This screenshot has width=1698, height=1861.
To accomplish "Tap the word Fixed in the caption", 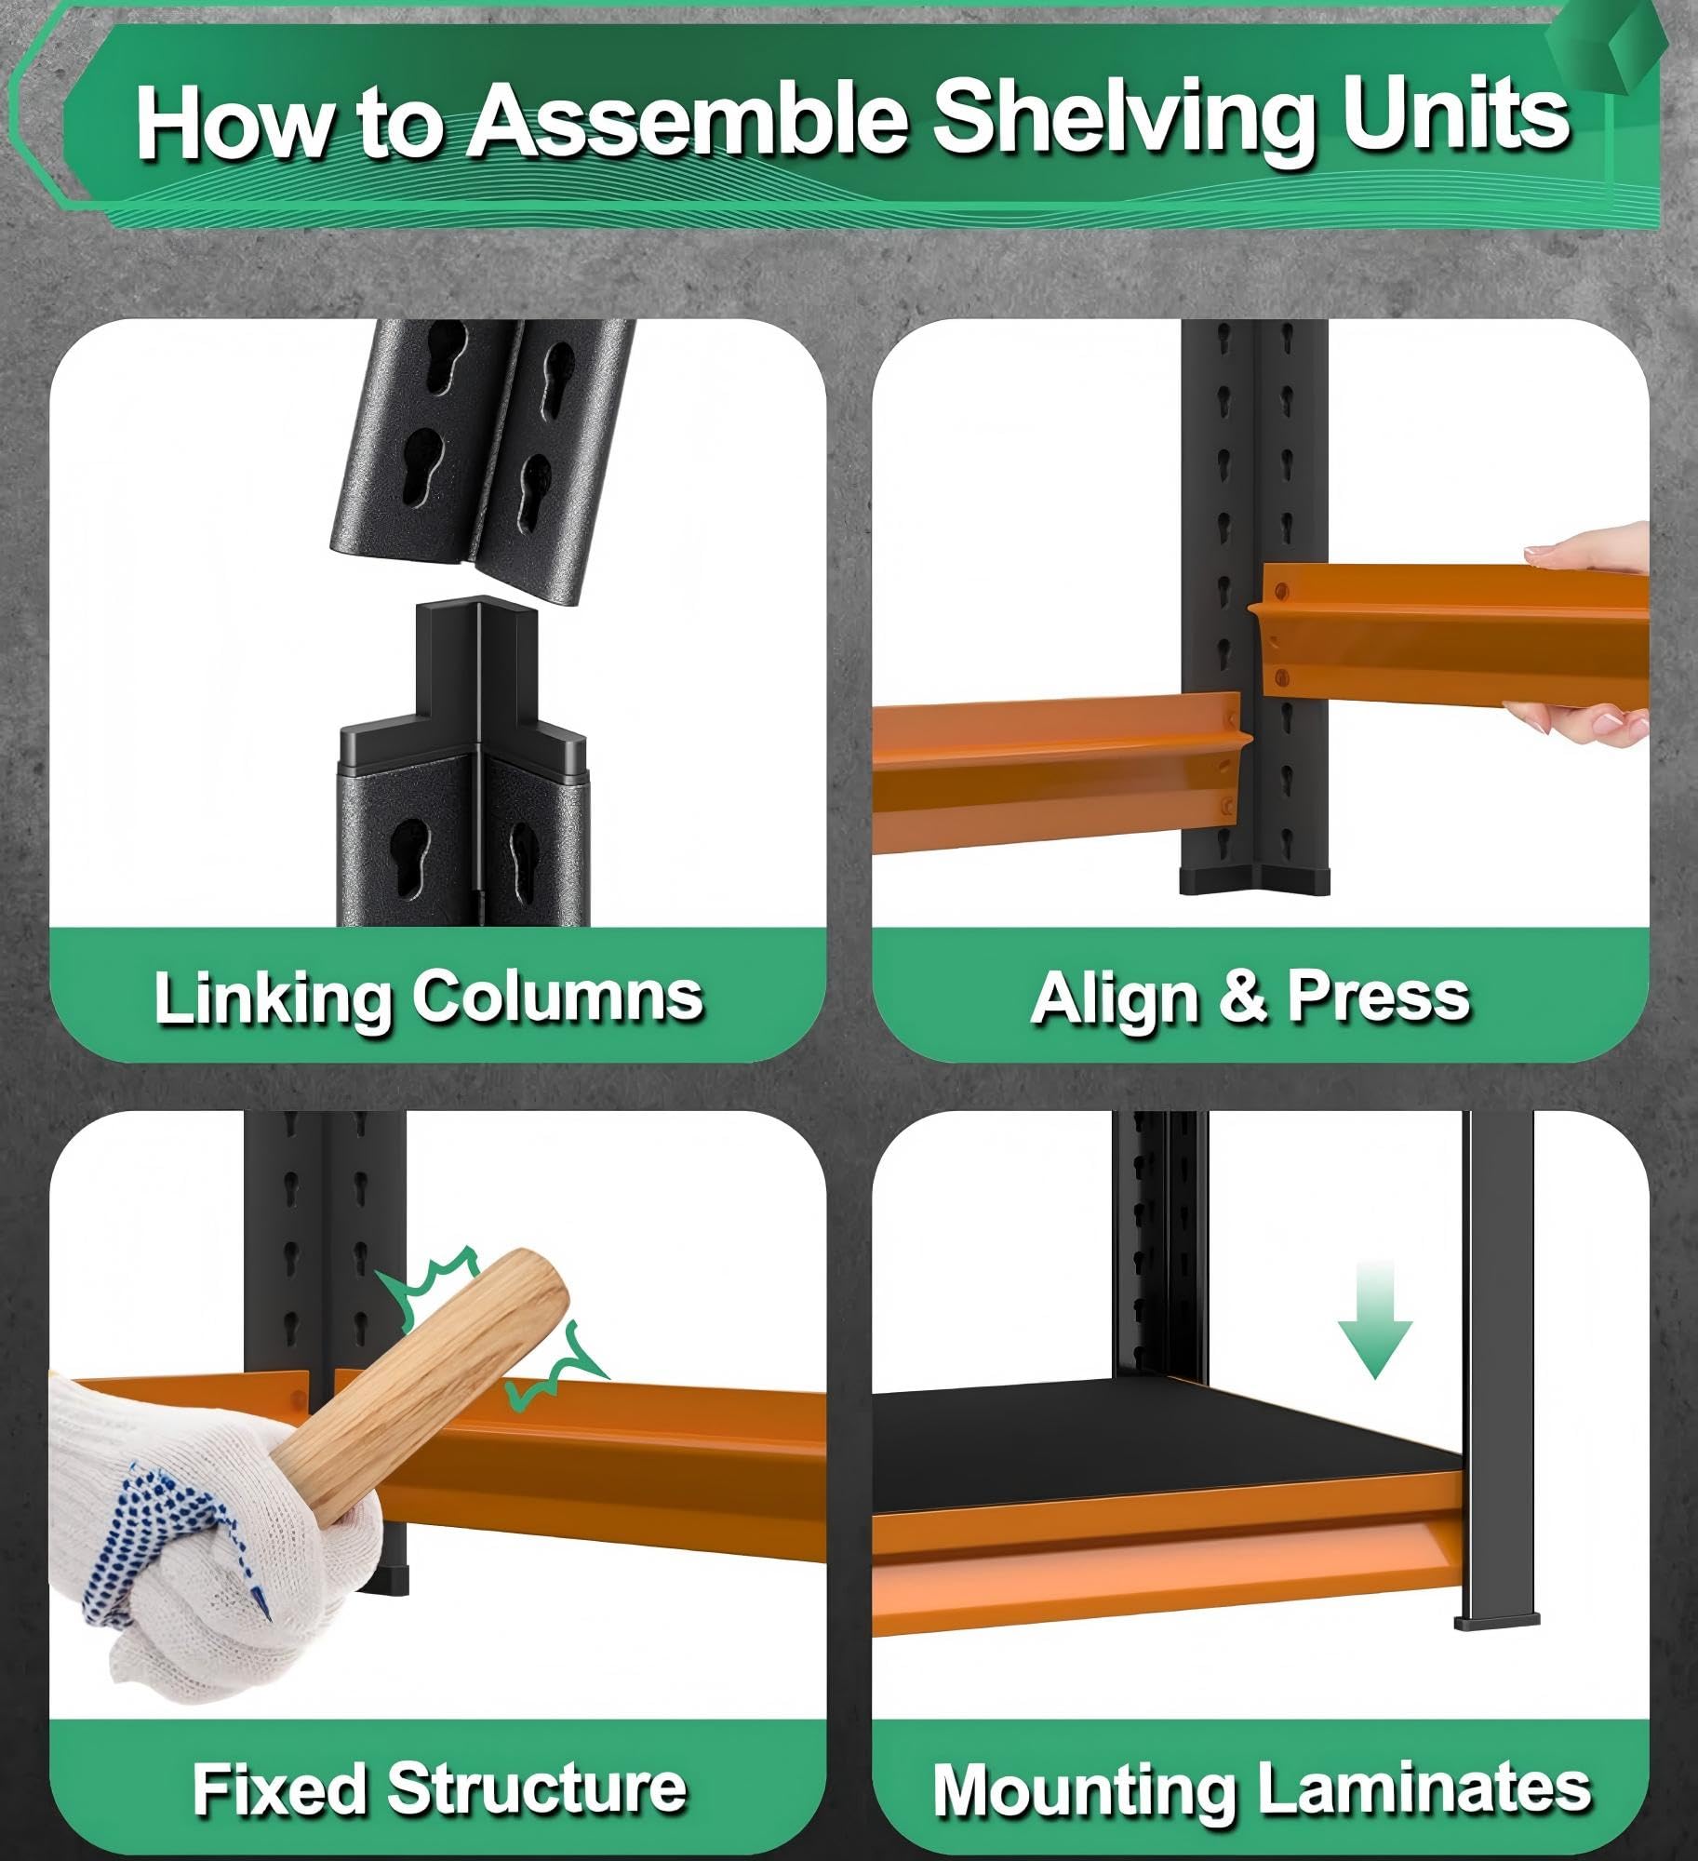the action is tap(278, 1787).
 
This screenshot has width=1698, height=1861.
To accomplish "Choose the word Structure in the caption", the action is tap(537, 1787).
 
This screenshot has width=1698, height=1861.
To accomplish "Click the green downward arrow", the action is tap(1375, 1319).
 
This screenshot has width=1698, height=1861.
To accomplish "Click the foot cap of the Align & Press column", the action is tap(1254, 880).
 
